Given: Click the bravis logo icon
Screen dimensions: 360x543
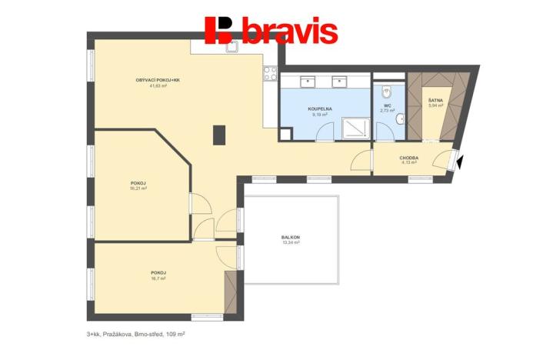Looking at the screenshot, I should click(x=222, y=30).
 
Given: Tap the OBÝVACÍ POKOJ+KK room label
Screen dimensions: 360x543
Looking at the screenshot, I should click(x=158, y=80).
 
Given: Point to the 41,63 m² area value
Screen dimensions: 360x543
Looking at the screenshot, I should click(x=158, y=86).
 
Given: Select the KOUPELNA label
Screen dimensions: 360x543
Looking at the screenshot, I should click(x=319, y=108).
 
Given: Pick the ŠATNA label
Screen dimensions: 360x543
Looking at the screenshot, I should click(x=435, y=100).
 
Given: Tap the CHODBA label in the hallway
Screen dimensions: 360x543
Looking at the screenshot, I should click(x=409, y=157).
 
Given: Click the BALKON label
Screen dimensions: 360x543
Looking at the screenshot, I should click(x=290, y=237).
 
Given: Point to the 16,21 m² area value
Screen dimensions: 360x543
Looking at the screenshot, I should click(x=138, y=188).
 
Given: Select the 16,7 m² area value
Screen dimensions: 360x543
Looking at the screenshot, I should click(x=158, y=279).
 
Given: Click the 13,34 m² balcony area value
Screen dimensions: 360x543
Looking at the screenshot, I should click(x=290, y=242).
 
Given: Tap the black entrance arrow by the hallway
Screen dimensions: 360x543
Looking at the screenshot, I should click(x=459, y=162).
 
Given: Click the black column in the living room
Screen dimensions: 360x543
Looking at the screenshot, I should click(x=220, y=135).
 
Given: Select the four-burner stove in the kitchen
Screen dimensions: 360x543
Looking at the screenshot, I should click(x=270, y=73).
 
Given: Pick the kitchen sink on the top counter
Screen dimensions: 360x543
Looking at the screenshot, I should click(x=231, y=45).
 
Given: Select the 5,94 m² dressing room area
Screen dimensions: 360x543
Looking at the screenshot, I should click(x=435, y=105).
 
